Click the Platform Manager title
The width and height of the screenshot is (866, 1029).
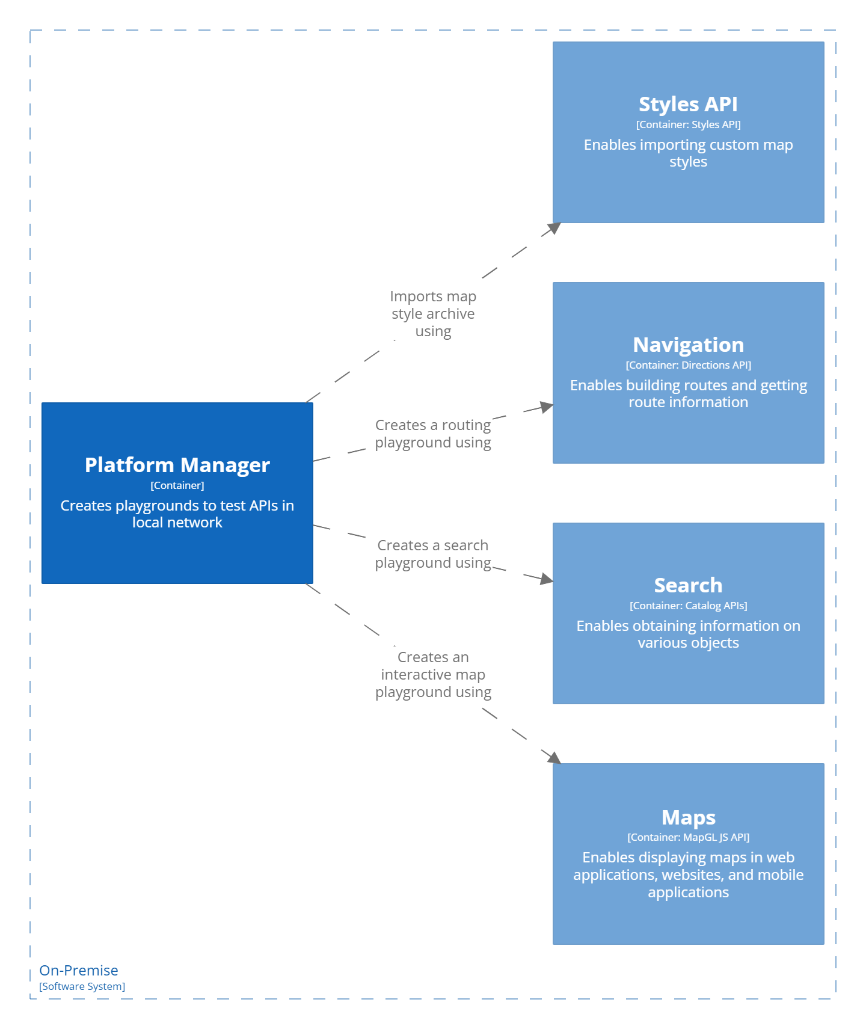[x=177, y=465]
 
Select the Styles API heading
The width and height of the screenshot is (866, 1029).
[x=688, y=104]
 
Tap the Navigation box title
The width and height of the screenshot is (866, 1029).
[x=688, y=345]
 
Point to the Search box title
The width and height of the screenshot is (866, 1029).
[x=688, y=585]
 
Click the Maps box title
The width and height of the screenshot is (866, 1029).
[x=688, y=817]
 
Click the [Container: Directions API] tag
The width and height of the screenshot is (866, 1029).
[x=688, y=365]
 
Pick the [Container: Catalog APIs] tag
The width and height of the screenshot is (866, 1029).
[x=688, y=606]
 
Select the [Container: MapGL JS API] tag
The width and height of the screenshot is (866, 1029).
[x=688, y=837]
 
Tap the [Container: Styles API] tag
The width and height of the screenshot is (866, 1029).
[x=688, y=124]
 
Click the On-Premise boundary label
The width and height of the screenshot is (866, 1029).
[x=79, y=970]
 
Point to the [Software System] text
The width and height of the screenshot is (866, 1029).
[x=82, y=986]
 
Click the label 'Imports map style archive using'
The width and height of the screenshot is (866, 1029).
[x=433, y=314]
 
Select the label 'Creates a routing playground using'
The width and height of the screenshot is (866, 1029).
[x=433, y=434]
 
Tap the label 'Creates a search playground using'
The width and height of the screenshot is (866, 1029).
[x=433, y=554]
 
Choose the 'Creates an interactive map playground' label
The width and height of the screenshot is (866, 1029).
[x=433, y=674]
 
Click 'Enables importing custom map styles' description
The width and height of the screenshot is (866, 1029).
[x=688, y=153]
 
